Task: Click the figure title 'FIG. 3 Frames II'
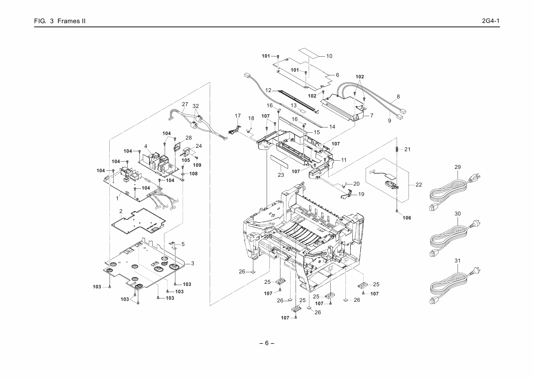[x=60, y=21]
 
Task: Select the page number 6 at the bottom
[x=267, y=343]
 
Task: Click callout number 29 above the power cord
[x=458, y=167]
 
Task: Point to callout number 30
[x=458, y=214]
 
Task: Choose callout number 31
[x=458, y=261]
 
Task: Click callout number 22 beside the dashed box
[x=419, y=185]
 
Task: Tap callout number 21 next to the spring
[x=407, y=149]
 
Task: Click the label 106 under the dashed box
[x=407, y=218]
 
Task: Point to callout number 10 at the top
[x=329, y=56]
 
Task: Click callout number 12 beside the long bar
[x=268, y=90]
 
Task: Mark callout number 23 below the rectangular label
[x=281, y=175]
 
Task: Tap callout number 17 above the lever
[x=238, y=116]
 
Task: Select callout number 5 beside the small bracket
[x=183, y=244]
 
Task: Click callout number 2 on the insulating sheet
[x=121, y=211]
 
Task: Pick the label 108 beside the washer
[x=193, y=174]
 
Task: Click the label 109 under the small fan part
[x=197, y=165]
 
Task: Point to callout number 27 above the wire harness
[x=185, y=104]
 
